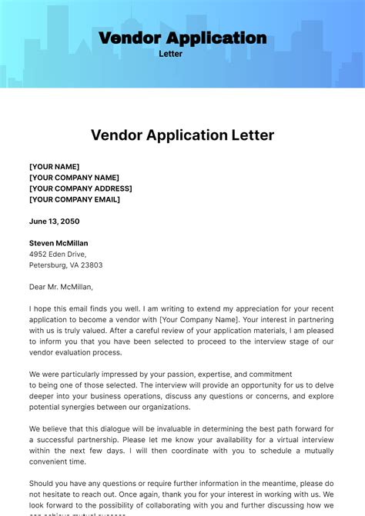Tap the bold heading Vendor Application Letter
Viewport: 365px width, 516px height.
(182, 135)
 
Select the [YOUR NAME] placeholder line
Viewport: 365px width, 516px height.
(54, 167)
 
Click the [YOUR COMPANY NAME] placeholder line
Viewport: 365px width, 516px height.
(74, 178)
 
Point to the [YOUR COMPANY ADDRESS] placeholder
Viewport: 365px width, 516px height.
(80, 188)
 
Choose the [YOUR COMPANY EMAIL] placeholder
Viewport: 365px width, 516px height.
(74, 199)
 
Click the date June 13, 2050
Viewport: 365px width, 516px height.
(54, 221)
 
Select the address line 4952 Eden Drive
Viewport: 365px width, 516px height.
(58, 254)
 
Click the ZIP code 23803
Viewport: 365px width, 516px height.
(91, 265)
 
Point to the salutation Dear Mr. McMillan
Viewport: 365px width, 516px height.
(61, 287)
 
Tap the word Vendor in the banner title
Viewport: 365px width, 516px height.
(129, 38)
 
